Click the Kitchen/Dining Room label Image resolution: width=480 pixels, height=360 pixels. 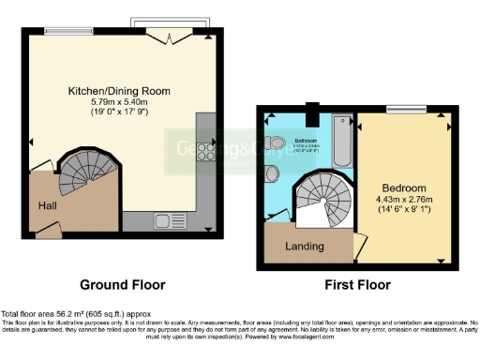tap(118, 91)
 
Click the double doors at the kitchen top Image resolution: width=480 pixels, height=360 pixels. tap(171, 36)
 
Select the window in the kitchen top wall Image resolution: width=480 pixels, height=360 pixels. tap(61, 30)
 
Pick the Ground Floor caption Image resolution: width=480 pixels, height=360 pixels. tap(123, 284)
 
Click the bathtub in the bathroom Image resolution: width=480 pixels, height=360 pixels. tap(342, 140)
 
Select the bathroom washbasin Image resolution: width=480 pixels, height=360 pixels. tap(271, 174)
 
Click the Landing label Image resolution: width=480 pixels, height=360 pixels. tap(305, 247)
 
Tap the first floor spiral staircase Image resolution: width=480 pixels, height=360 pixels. tap(322, 200)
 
